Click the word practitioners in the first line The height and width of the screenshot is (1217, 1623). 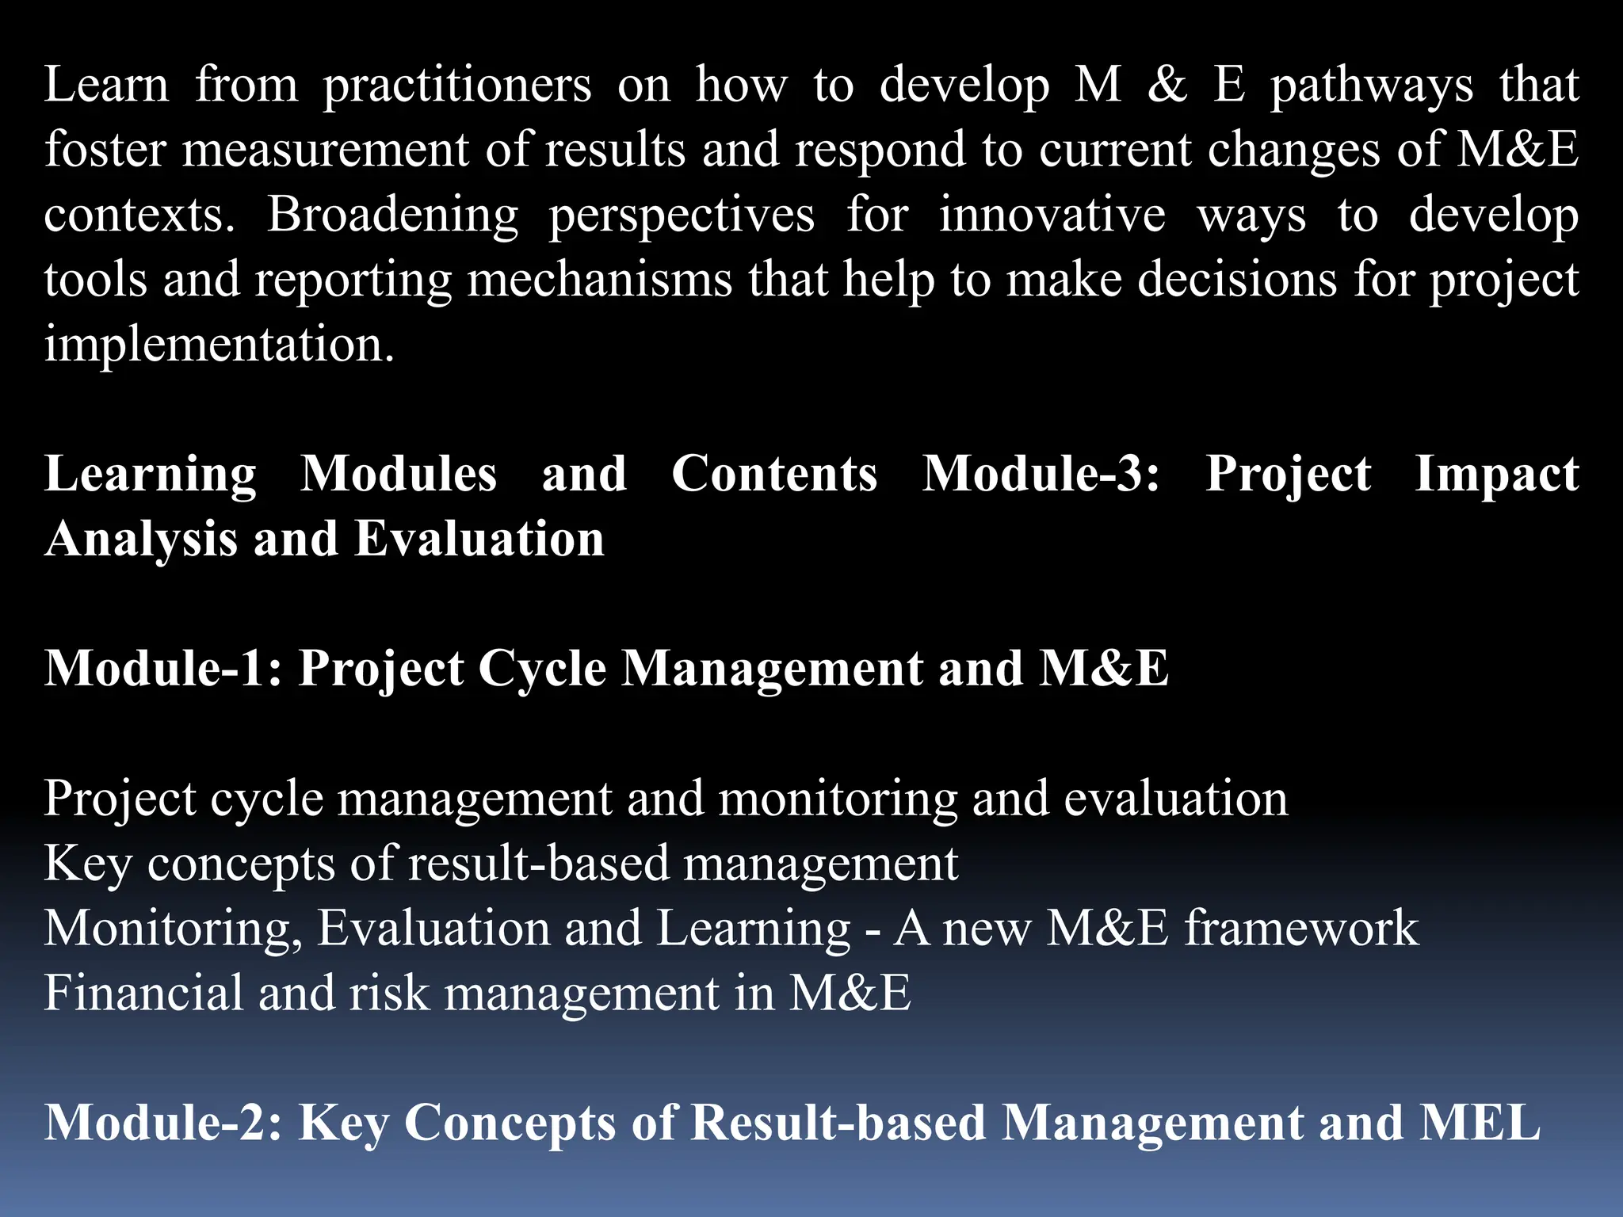(456, 86)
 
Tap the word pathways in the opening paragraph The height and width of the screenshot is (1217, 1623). (1372, 86)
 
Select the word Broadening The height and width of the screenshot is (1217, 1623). (392, 216)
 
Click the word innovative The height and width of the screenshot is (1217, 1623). (1052, 216)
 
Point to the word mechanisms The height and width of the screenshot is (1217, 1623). (599, 280)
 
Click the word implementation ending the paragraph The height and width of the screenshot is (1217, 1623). (218, 345)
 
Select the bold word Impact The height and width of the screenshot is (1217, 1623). (1496, 475)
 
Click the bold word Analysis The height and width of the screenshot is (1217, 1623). (141, 540)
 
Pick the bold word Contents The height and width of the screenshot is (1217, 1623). (774, 475)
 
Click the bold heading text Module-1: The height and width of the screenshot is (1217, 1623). (163, 669)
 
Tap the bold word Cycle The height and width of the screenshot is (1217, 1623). (542, 669)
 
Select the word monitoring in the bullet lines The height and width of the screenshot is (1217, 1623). (838, 799)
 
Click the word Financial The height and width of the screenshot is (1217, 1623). (143, 994)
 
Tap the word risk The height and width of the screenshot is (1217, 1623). (389, 994)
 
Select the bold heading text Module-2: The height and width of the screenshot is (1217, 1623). (163, 1124)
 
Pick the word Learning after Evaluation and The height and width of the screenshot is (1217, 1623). (753, 929)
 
